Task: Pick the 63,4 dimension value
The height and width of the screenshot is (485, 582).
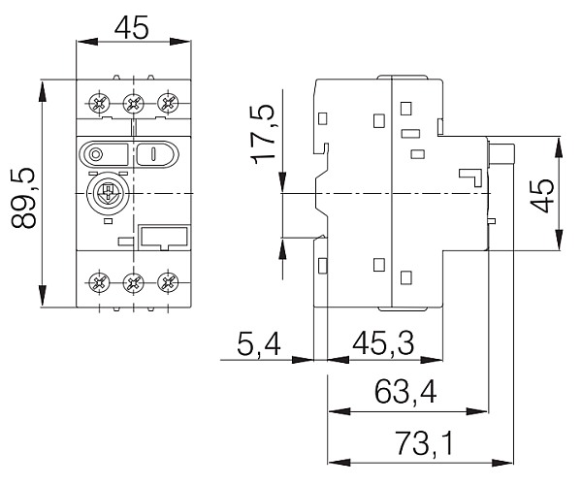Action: [x=404, y=394]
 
